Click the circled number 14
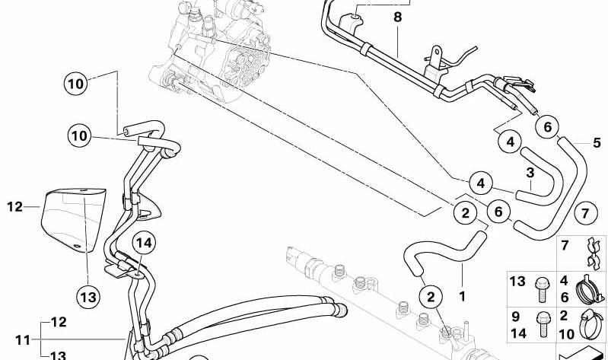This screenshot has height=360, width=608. (144, 244)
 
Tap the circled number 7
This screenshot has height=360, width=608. (584, 213)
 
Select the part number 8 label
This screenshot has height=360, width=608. (398, 17)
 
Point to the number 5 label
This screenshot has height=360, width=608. (597, 142)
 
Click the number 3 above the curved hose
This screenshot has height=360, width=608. (530, 173)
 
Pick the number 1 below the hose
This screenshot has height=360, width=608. (462, 297)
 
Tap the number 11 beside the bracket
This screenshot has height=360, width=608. (23, 340)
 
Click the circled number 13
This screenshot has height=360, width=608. (88, 298)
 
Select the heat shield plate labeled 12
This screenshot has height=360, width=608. (74, 219)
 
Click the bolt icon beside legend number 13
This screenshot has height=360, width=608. (542, 289)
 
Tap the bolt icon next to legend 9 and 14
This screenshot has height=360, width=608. (542, 325)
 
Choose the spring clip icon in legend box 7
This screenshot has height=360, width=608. (593, 253)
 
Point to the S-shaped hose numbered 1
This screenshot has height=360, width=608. (444, 252)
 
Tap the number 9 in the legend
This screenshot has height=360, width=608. (515, 316)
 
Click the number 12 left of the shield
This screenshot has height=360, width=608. (14, 207)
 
